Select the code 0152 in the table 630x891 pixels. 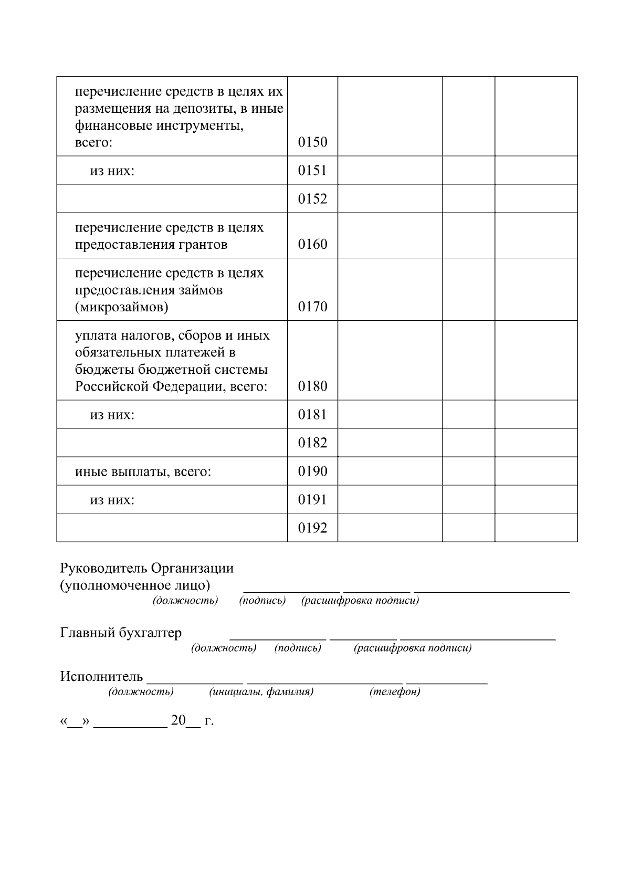point(312,199)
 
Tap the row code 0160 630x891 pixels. point(312,245)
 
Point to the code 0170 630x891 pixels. point(312,307)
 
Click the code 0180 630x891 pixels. point(312,387)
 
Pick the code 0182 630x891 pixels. point(312,443)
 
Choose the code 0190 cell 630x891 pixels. point(312,471)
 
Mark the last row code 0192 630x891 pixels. point(312,528)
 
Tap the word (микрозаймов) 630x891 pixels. point(121,307)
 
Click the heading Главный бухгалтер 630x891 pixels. point(121,633)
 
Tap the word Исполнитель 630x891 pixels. point(101,676)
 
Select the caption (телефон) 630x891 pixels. point(395,692)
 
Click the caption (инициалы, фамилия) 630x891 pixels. point(261,692)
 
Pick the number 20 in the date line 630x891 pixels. point(178,720)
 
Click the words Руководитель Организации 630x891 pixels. point(147,569)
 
